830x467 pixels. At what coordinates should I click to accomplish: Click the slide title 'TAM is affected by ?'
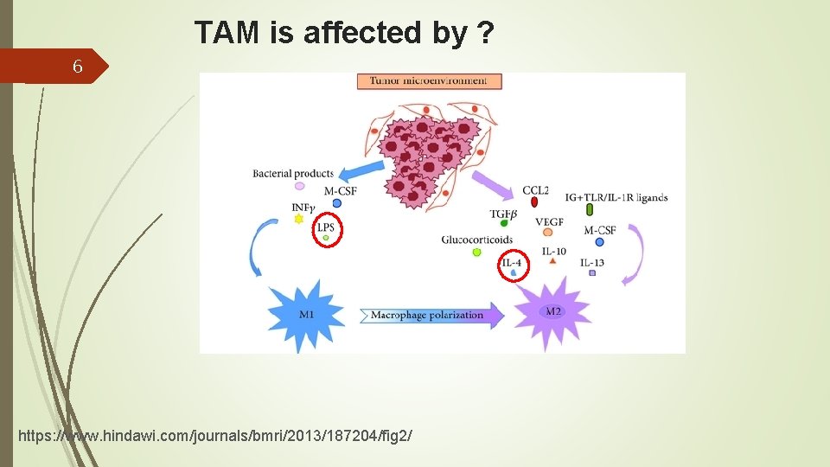pos(344,33)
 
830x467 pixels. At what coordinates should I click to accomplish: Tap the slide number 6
pos(78,67)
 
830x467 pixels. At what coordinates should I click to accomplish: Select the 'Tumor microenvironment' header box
pos(429,81)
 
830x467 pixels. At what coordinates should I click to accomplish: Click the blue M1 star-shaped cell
pos(307,314)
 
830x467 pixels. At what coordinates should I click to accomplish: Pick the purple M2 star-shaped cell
pos(553,311)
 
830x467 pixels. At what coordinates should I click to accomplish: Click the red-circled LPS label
pos(326,228)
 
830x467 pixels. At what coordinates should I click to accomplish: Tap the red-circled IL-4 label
pos(512,263)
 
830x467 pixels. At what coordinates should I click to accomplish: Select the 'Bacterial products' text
pos(292,174)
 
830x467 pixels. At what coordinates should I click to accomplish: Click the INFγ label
pos(303,208)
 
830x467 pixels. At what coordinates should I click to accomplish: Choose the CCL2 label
pos(534,190)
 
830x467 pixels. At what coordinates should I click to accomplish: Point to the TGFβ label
pos(503,213)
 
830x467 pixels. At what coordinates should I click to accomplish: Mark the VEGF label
pos(549,222)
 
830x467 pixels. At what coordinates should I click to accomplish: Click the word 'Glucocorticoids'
pos(476,240)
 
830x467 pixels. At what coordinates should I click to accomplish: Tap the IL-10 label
pos(553,252)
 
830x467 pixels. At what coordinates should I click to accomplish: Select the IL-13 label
pos(592,262)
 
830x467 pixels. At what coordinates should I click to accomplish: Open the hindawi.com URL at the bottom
pos(214,435)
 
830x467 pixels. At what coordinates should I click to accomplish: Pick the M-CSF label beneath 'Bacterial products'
pos(340,191)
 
